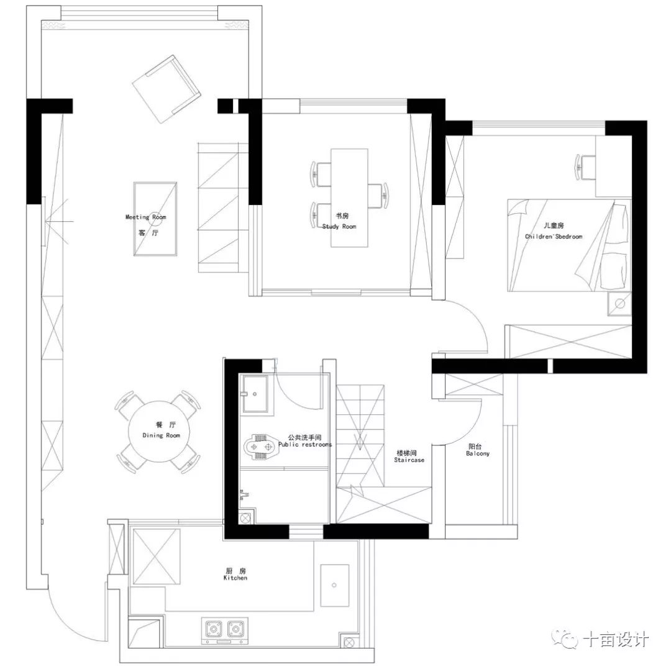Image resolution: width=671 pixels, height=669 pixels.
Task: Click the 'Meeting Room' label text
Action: (x=146, y=217)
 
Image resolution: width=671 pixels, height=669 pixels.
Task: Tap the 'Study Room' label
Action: (x=339, y=227)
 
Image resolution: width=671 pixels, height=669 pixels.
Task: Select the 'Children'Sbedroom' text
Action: (x=554, y=237)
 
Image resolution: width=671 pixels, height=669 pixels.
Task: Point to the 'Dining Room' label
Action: (x=161, y=435)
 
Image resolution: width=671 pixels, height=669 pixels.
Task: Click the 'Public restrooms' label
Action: (x=304, y=445)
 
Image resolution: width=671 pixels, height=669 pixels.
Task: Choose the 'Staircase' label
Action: (x=409, y=460)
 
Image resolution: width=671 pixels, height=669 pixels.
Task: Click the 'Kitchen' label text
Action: (x=235, y=578)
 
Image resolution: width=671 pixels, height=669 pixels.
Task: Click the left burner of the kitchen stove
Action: (x=214, y=628)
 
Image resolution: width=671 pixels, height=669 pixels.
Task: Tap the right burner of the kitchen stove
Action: (x=235, y=628)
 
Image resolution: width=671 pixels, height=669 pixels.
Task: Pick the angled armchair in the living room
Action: (x=166, y=89)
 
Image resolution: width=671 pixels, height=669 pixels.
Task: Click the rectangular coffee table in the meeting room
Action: (x=155, y=219)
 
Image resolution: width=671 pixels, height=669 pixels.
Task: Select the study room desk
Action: (x=349, y=198)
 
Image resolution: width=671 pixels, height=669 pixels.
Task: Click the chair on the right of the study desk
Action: (x=378, y=196)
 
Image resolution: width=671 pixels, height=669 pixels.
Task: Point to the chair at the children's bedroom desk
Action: (x=586, y=166)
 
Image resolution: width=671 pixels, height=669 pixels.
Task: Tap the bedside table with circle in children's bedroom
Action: (x=619, y=303)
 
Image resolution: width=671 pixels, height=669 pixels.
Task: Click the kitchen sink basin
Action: (x=334, y=585)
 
